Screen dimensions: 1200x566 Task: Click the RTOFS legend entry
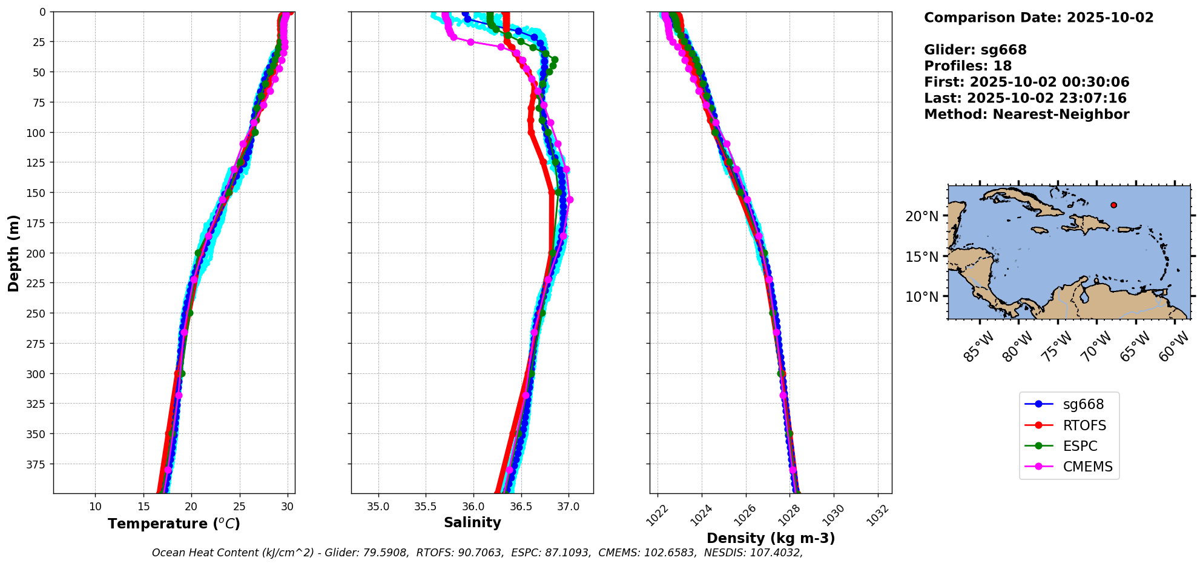(1069, 425)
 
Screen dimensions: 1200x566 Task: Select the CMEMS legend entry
(1069, 467)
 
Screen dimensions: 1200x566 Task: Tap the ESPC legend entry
(1069, 446)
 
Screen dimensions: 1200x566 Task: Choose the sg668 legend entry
(1069, 404)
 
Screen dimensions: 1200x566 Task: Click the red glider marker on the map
(1113, 205)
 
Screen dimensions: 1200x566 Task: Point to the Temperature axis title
(174, 524)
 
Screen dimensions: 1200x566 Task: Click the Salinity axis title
(472, 522)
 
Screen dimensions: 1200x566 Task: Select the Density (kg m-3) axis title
(771, 538)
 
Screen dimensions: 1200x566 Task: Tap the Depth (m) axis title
(13, 253)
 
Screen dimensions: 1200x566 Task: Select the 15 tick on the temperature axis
(143, 507)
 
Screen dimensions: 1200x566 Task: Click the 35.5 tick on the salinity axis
(426, 507)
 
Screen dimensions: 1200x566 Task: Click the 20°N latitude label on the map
(921, 216)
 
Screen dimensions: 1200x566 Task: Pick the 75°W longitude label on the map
(1057, 347)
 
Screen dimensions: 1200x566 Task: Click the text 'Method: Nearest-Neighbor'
(1027, 115)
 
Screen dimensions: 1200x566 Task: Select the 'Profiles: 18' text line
(968, 66)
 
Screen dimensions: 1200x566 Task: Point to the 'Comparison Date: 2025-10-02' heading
(1039, 18)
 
